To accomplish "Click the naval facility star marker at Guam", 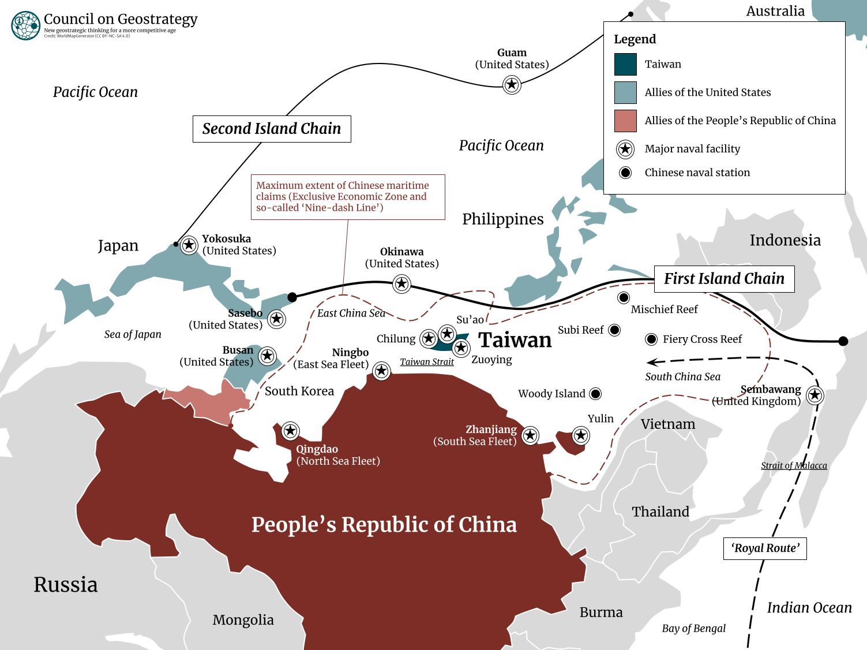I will (512, 85).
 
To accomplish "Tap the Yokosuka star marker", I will (189, 245).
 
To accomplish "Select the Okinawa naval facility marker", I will (401, 283).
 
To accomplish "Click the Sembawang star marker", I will (815, 395).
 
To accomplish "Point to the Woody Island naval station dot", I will (595, 394).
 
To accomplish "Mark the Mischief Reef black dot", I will (624, 298).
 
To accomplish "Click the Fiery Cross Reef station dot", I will (651, 339).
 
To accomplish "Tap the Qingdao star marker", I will (290, 431).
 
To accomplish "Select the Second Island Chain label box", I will (272, 129).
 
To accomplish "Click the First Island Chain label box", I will (724, 279).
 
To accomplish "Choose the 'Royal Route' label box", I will (765, 548).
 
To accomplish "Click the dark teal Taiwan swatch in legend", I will (625, 65).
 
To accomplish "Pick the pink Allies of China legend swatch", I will (625, 121).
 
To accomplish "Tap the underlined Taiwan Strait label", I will (427, 362).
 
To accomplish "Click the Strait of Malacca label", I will (794, 466).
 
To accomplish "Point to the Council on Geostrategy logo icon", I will (25, 25).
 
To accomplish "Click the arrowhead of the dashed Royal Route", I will (651, 363).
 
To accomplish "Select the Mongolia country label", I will (243, 620).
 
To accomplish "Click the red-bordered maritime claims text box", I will (348, 197).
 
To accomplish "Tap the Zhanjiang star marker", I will (530, 435).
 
